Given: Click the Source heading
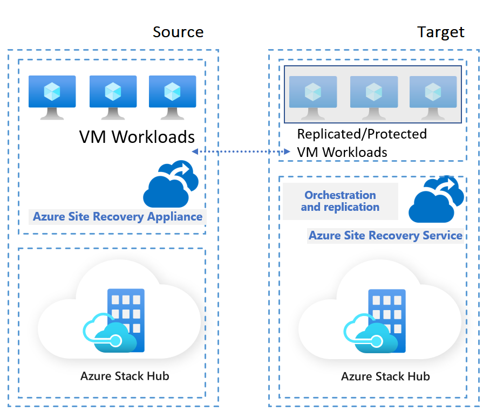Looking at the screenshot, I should tap(178, 32).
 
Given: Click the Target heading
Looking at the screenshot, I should tap(441, 32).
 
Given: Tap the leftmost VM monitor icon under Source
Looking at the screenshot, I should tap(52, 96).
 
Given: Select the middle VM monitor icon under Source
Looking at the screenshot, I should tap(113, 96).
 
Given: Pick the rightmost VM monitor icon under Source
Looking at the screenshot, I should tap(172, 96).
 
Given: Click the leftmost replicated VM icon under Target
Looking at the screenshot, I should tap(313, 97).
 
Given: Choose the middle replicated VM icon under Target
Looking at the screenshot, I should tap(374, 97).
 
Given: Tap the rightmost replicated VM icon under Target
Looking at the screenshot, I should tap(433, 97).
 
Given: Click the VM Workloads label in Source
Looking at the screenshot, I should tap(137, 136).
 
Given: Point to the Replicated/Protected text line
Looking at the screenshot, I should tap(362, 134).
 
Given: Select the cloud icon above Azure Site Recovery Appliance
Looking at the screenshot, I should tap(169, 185).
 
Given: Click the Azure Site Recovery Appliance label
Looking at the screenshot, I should tap(118, 217).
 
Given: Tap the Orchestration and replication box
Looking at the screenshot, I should tap(340, 201).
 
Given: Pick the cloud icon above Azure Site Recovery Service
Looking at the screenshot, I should tap(435, 200).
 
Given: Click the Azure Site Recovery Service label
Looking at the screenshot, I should tap(385, 236).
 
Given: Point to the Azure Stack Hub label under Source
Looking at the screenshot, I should tap(125, 376).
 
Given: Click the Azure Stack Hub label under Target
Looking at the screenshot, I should tap(385, 376).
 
